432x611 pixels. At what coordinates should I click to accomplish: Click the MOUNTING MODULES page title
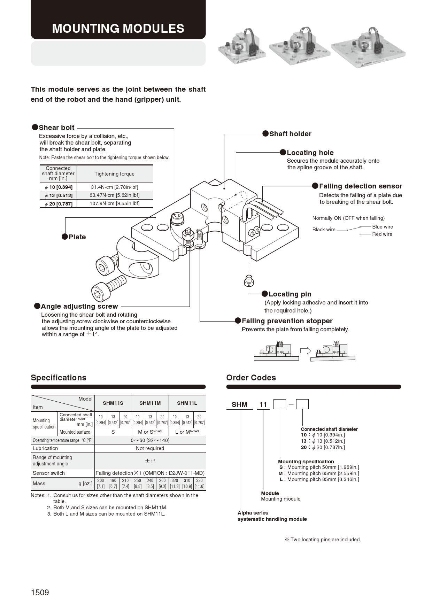pyautogui.click(x=118, y=28)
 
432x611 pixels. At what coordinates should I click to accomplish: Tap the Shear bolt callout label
pyautogui.click(x=56, y=127)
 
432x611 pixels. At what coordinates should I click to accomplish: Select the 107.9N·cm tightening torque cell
pyautogui.click(x=114, y=203)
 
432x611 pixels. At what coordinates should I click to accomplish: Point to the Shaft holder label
pyautogui.click(x=290, y=134)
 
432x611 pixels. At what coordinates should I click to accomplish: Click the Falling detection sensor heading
pyautogui.click(x=360, y=186)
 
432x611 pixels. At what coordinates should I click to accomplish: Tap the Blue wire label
pyautogui.click(x=382, y=227)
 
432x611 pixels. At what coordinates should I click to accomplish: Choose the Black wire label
pyautogui.click(x=324, y=230)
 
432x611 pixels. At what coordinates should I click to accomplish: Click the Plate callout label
pyautogui.click(x=77, y=237)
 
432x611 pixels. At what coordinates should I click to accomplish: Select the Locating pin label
pyautogui.click(x=290, y=294)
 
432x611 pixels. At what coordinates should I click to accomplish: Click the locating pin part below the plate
pyautogui.click(x=248, y=280)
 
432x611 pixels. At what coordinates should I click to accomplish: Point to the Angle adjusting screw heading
pyautogui.click(x=79, y=306)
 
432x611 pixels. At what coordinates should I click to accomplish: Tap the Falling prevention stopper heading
pyautogui.click(x=287, y=321)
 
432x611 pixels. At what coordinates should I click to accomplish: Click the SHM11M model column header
pyautogui.click(x=150, y=403)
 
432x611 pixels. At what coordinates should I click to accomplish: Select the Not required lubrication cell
pyautogui.click(x=150, y=448)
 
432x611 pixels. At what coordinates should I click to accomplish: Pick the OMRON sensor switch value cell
pyautogui.click(x=150, y=473)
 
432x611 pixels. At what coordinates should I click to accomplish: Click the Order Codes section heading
pyautogui.click(x=251, y=378)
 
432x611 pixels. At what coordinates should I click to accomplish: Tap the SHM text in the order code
pyautogui.click(x=239, y=404)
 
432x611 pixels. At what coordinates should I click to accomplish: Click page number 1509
pyautogui.click(x=40, y=592)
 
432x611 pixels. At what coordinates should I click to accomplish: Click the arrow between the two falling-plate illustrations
pyautogui.click(x=305, y=350)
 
